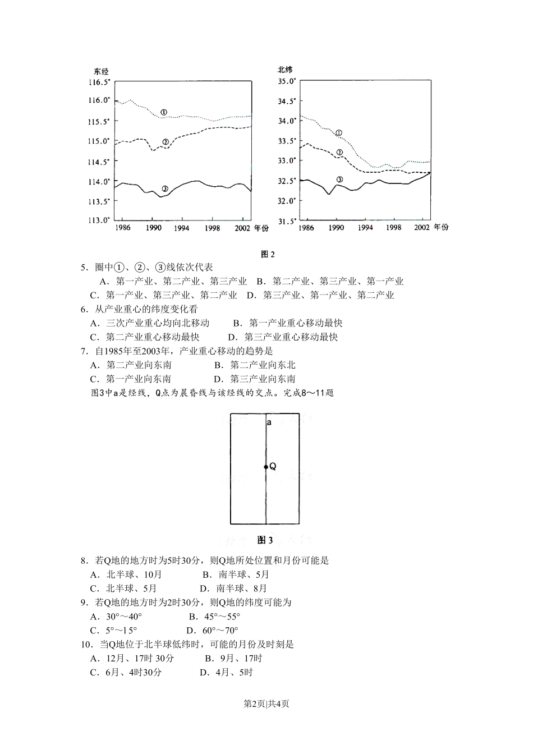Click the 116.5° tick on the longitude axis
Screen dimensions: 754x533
(x=99, y=82)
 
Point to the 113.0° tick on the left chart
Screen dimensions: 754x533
(x=99, y=220)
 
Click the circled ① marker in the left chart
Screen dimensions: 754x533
(x=163, y=112)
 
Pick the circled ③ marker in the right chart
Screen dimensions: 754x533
(x=339, y=180)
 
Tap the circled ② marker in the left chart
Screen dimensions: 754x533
(x=165, y=142)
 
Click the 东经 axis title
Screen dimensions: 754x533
(x=101, y=71)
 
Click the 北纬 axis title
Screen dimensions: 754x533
(x=285, y=70)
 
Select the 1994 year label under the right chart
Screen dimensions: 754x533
(x=365, y=228)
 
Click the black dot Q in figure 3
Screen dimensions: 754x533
(x=266, y=466)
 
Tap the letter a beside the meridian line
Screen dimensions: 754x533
(x=269, y=422)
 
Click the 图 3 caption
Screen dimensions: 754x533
(x=265, y=540)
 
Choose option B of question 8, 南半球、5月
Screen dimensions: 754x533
(x=236, y=574)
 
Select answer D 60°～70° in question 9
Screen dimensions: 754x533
(x=213, y=631)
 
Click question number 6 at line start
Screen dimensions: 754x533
(x=84, y=309)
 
